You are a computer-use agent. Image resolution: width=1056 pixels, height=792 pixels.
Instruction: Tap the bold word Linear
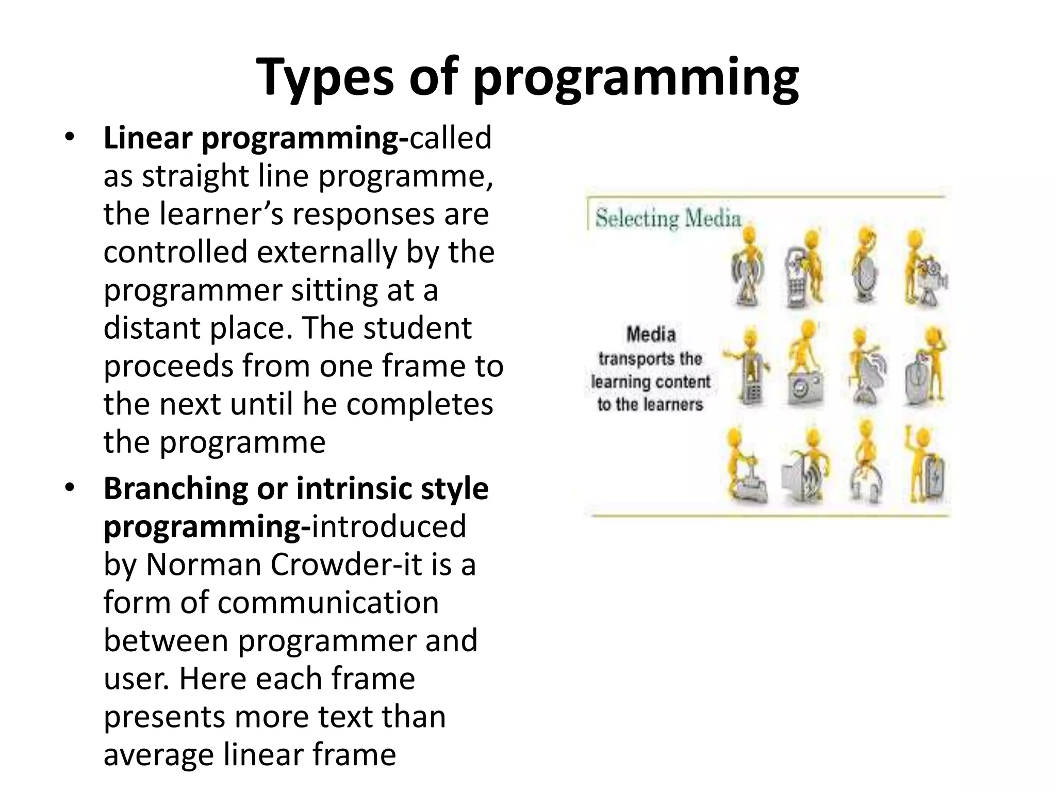coord(147,138)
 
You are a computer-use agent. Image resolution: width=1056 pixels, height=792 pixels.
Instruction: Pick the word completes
coord(419,404)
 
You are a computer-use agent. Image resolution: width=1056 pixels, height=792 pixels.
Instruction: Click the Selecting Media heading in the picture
coord(668,218)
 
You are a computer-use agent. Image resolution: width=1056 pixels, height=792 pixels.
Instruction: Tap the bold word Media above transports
coord(651,334)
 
